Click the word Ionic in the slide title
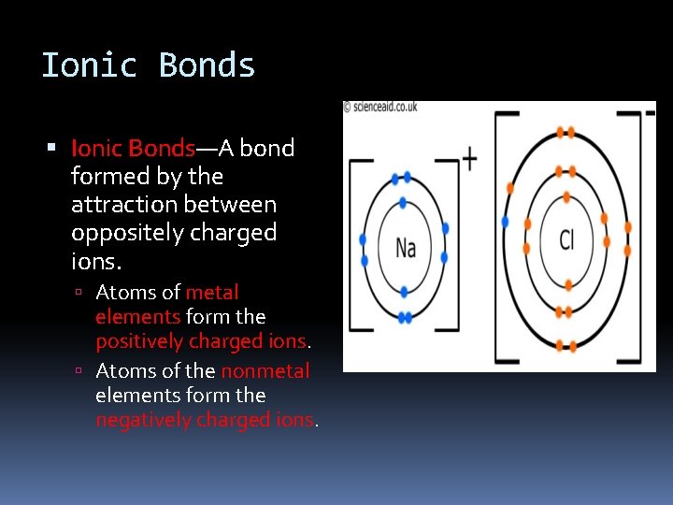point(89,65)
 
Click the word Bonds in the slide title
point(207,65)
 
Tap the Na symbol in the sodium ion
point(405,248)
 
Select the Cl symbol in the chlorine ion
point(566,240)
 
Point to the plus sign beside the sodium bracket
point(468,159)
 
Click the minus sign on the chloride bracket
point(650,113)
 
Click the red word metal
point(212,293)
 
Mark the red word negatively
point(143,420)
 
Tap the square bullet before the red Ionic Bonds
point(52,149)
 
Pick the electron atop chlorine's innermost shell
point(565,197)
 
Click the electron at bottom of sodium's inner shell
point(404,292)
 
